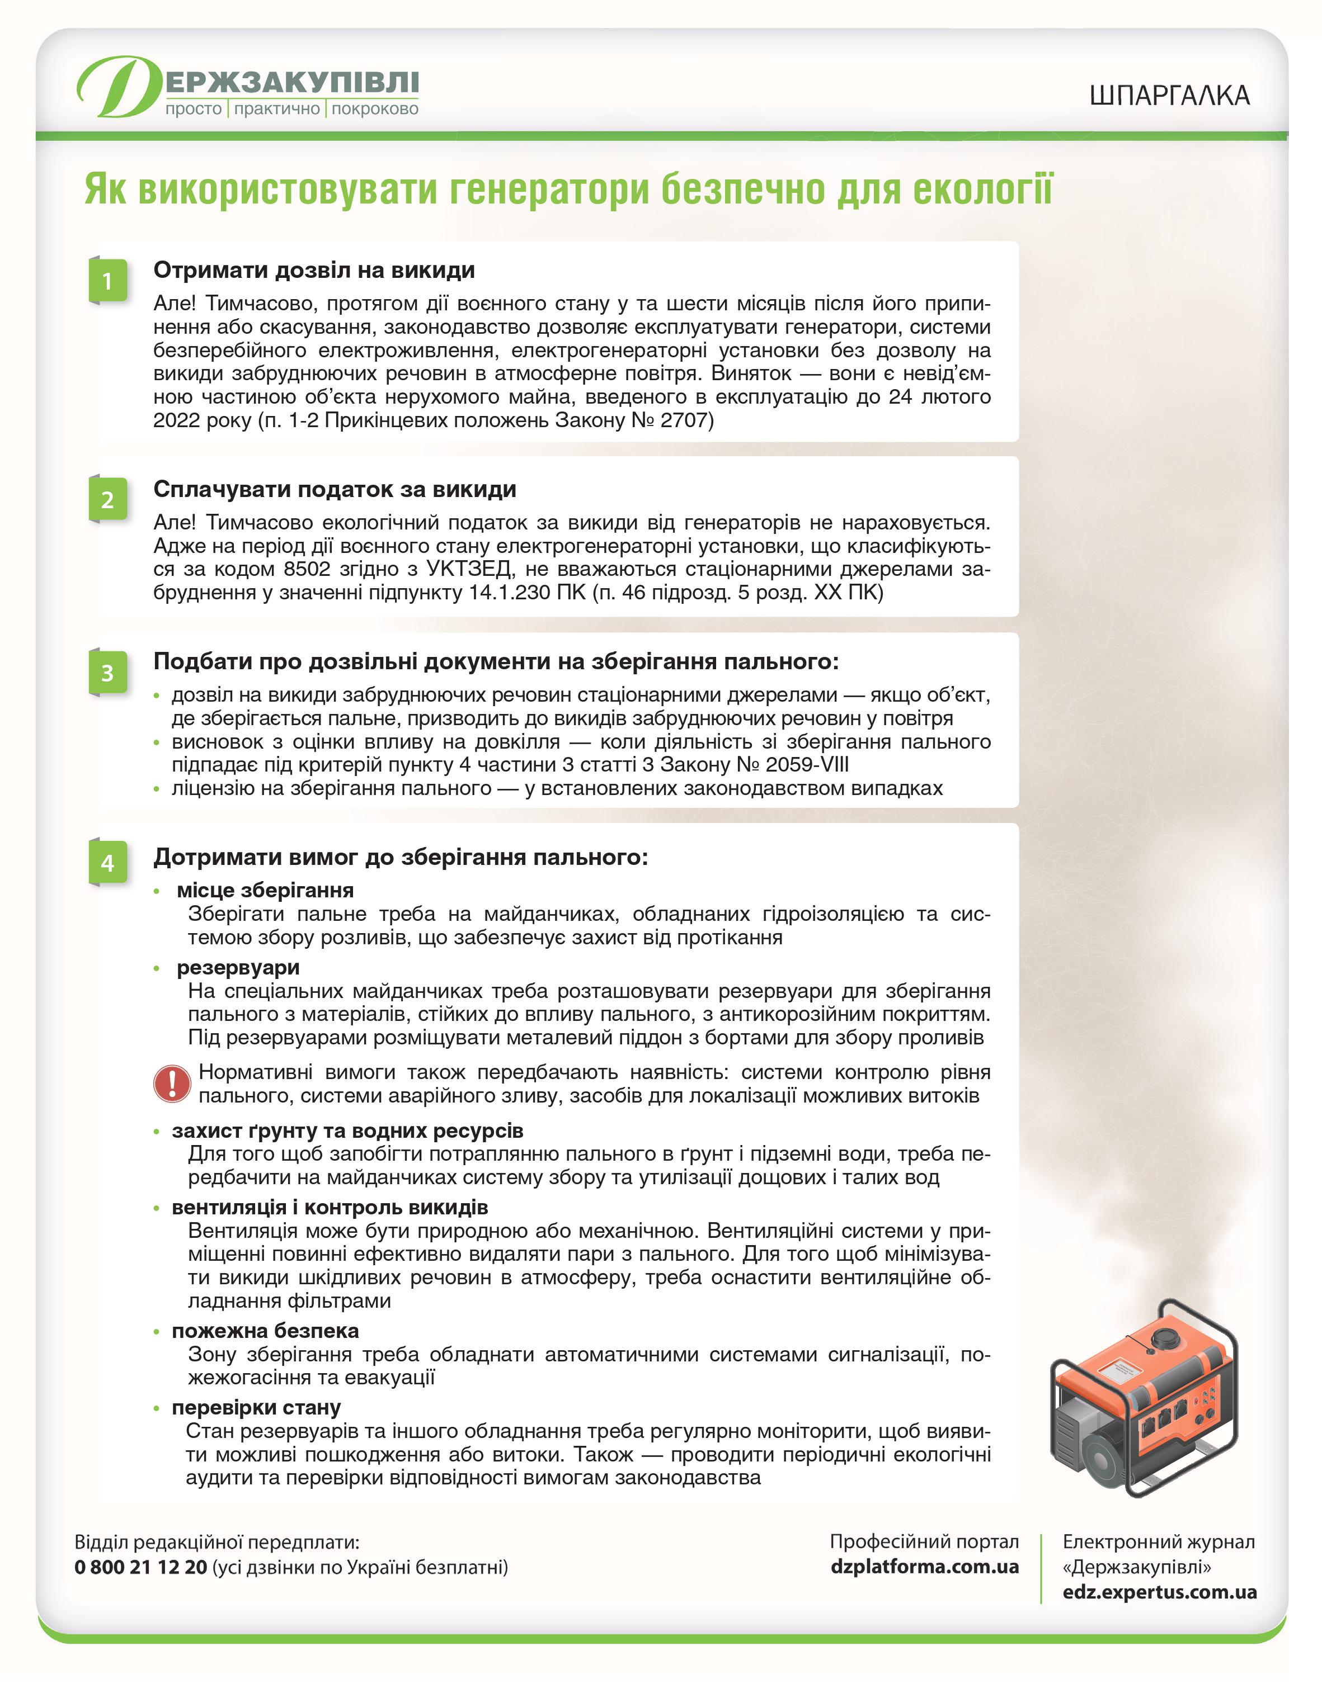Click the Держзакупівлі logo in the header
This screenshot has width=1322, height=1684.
click(248, 87)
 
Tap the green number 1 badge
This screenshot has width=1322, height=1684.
click(107, 280)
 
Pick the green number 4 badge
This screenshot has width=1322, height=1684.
click(107, 863)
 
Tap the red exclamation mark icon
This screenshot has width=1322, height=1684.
click(172, 1083)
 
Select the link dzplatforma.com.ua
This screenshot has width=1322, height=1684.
click(924, 1567)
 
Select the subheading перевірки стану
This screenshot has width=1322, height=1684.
click(256, 1407)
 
